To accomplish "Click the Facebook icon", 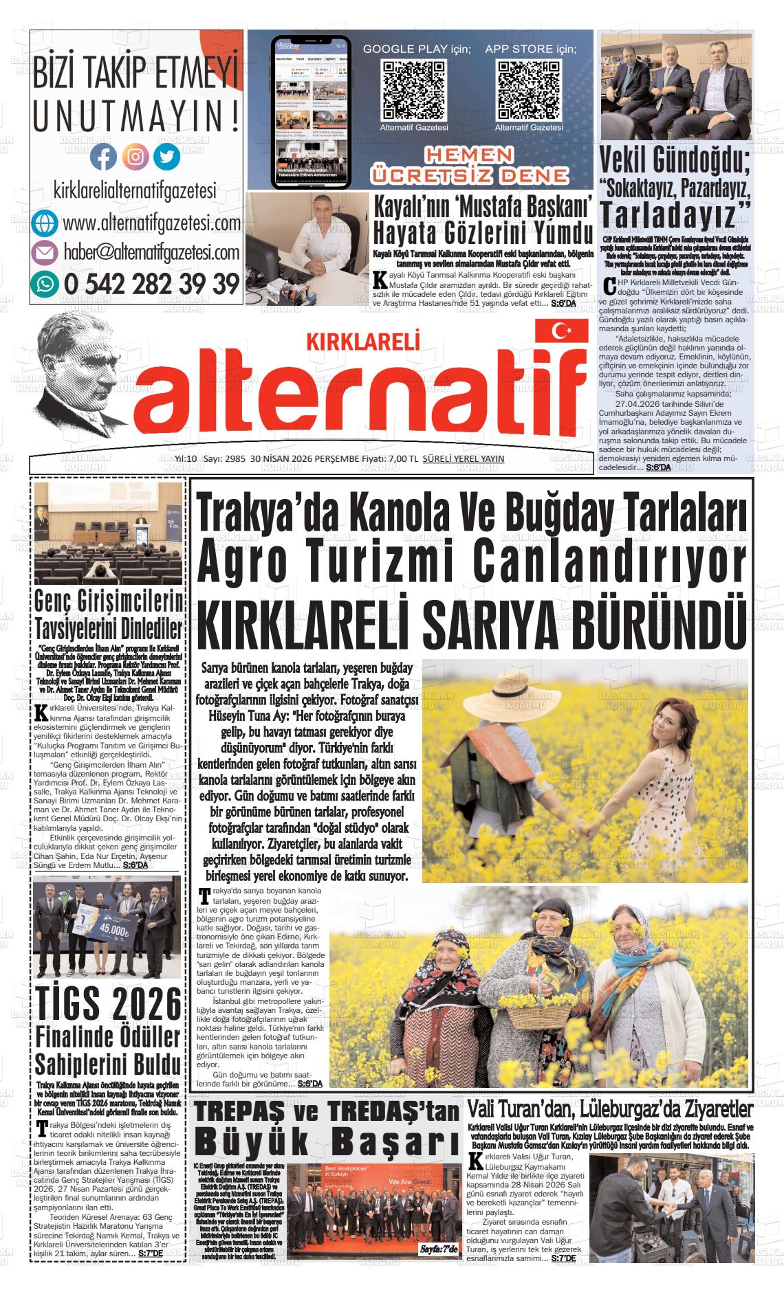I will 104,157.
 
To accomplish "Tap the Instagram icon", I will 135,157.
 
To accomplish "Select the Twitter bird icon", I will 166,157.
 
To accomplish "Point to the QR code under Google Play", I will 414,89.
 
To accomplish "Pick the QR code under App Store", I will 529,89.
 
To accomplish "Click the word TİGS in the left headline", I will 68,1005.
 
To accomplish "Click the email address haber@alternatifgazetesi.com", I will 151,253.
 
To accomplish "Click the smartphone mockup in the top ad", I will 311,110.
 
